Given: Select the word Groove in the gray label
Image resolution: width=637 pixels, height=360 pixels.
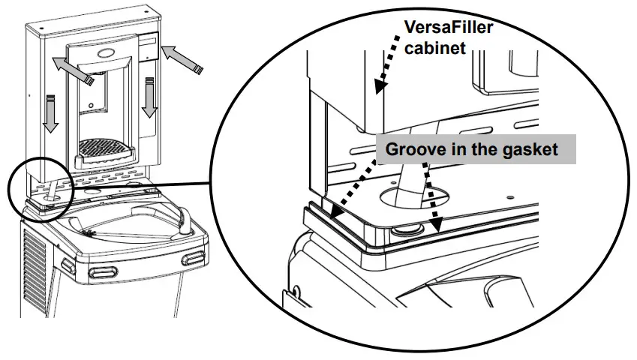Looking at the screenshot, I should coord(412,149).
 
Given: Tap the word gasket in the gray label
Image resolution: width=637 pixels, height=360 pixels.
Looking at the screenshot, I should coord(530,149).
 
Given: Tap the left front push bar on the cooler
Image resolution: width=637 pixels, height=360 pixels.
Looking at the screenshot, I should coord(101,270).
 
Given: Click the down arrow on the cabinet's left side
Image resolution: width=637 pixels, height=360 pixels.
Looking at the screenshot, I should coord(50,112).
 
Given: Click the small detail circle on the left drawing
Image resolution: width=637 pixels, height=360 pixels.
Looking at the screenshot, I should coord(41,186).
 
